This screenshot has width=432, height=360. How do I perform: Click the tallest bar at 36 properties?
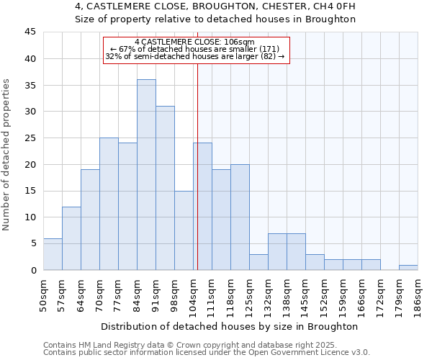[146, 175]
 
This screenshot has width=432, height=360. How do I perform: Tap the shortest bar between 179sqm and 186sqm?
[408, 267]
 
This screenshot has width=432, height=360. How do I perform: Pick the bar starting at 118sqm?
[240, 217]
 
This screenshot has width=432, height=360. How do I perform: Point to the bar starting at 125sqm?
[258, 262]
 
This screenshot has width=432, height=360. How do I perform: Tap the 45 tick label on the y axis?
[30, 32]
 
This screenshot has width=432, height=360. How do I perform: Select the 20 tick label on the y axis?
[30, 164]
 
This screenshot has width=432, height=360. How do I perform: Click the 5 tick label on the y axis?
[32, 243]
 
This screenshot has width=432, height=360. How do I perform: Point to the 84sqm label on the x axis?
[137, 293]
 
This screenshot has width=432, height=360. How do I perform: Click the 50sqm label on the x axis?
[43, 293]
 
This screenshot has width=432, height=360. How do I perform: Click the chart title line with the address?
[215, 6]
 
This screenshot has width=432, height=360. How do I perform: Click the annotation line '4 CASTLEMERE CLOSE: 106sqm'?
[194, 42]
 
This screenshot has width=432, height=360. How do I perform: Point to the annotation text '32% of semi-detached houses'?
[195, 56]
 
